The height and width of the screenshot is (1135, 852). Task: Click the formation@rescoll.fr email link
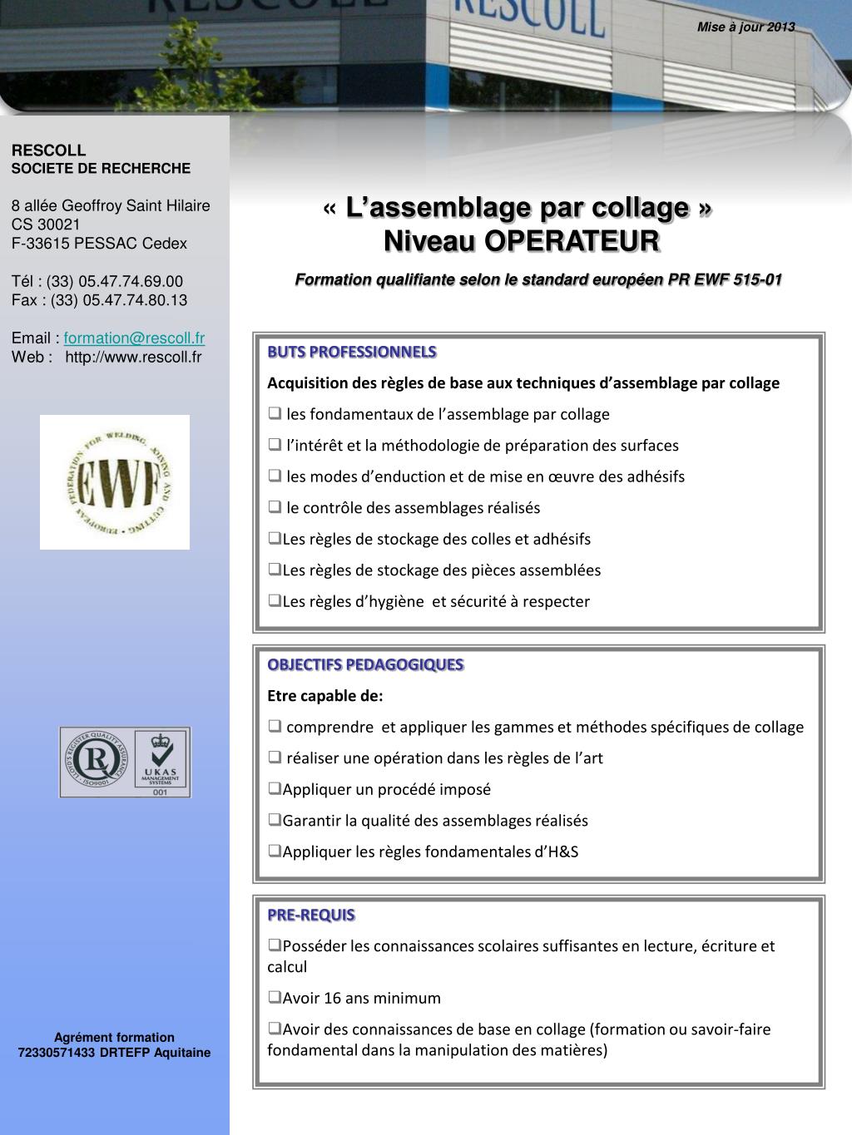[134, 338]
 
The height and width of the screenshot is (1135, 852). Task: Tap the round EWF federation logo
[115, 482]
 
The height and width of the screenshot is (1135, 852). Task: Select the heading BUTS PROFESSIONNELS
[351, 352]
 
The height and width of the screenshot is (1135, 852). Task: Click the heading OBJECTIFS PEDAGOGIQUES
[365, 664]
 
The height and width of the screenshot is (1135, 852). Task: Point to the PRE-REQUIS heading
[311, 915]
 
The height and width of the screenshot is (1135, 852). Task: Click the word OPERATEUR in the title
[572, 241]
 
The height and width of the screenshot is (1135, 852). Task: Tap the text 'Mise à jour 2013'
[745, 27]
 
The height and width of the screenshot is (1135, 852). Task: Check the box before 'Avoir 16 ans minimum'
[274, 997]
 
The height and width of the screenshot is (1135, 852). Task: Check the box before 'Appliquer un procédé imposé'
[274, 788]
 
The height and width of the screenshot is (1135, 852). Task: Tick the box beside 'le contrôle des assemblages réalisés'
[275, 506]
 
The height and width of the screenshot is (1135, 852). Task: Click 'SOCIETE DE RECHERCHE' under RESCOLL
[101, 169]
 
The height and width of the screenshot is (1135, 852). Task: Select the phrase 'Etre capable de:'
[324, 696]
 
